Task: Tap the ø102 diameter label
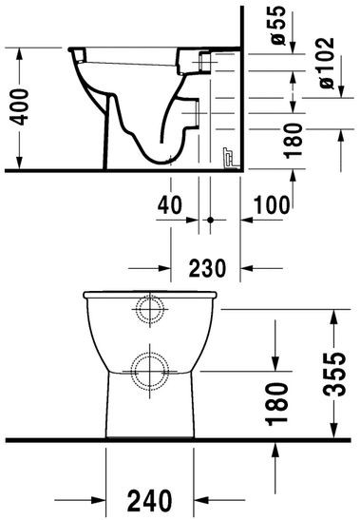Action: [x=328, y=65]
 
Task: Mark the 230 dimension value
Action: [x=206, y=269]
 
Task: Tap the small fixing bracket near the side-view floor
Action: [x=228, y=157]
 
